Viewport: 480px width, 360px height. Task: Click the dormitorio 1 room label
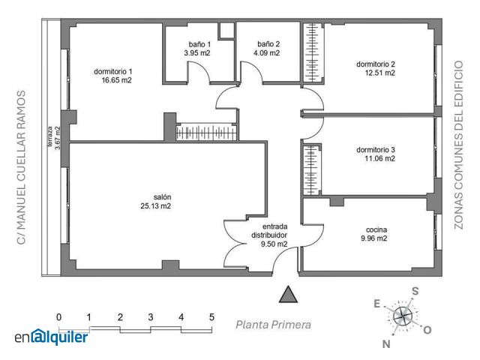click(x=113, y=72)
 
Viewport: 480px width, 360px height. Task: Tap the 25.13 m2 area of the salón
click(x=155, y=206)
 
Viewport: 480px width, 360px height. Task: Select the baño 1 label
click(x=199, y=44)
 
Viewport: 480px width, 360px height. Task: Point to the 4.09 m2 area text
click(x=266, y=53)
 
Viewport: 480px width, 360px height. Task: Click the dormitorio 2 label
click(x=376, y=64)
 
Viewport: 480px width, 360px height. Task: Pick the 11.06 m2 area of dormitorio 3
click(x=379, y=158)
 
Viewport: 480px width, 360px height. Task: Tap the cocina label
click(x=376, y=229)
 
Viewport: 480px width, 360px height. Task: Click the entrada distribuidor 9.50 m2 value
click(x=274, y=244)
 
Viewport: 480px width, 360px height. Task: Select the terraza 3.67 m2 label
click(x=53, y=138)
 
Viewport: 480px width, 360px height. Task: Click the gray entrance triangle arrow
click(x=288, y=295)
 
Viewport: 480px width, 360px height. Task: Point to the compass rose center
click(x=402, y=316)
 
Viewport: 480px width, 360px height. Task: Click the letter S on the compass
click(x=415, y=291)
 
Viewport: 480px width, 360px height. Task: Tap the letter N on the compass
click(x=386, y=344)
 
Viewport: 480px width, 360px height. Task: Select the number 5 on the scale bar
click(x=211, y=317)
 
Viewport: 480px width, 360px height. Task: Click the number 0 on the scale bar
click(x=58, y=317)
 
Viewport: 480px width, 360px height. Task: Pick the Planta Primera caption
click(x=273, y=325)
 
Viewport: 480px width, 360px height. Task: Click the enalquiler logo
click(x=52, y=337)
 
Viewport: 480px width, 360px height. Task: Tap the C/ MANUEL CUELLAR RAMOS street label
click(x=21, y=167)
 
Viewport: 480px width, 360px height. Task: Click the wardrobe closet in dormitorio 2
click(x=313, y=52)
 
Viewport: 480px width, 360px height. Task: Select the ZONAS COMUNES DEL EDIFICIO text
click(x=458, y=145)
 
